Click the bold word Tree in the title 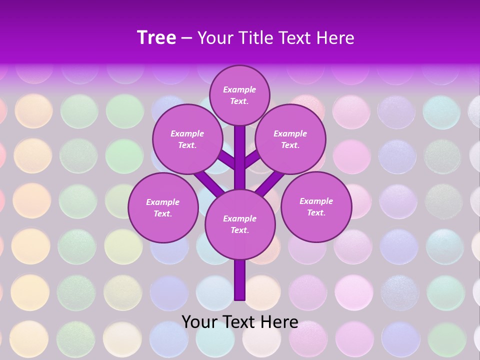156,38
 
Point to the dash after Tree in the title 187,38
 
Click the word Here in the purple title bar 334,38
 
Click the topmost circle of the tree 239,95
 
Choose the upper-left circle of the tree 187,139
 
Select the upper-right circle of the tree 290,139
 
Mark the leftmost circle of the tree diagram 163,207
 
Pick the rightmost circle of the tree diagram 316,206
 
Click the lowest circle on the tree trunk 240,224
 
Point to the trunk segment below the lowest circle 240,280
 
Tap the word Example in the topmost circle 239,89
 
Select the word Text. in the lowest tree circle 239,230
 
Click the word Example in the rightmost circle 316,201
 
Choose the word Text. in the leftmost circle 163,213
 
